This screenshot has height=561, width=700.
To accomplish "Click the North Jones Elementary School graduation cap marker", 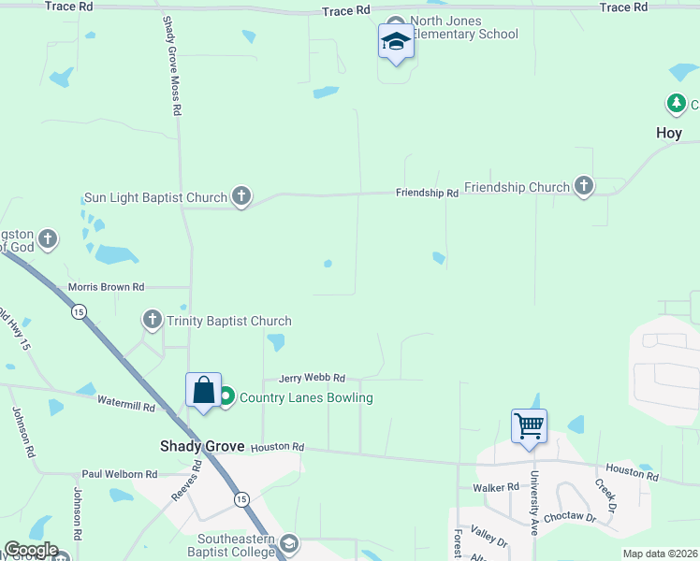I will tap(396, 42).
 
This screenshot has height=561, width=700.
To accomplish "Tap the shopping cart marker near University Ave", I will tap(530, 426).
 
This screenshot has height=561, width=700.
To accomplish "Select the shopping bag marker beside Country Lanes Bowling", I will tap(203, 391).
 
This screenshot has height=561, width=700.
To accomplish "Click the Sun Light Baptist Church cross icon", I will tap(241, 196).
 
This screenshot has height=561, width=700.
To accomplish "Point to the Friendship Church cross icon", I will tap(584, 186).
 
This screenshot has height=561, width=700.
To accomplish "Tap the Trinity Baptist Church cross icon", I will tap(153, 321).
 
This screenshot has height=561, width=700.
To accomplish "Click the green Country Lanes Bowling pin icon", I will tap(226, 397).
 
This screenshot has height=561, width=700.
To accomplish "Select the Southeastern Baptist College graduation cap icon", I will tap(289, 543).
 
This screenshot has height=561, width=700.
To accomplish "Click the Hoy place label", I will tap(668, 133).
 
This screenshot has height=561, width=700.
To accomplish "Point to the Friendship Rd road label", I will tap(427, 193).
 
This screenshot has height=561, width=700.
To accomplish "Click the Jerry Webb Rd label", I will tap(314, 378).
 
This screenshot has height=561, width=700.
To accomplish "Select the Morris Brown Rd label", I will tap(106, 287).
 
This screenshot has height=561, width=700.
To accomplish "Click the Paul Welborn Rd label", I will tap(119, 474).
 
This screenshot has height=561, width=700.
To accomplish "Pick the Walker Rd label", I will tap(496, 487).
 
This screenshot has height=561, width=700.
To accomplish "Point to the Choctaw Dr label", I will tap(570, 515).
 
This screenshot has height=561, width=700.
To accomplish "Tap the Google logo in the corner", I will tap(31, 550).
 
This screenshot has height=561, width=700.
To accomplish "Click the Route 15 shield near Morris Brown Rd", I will tap(79, 310).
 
